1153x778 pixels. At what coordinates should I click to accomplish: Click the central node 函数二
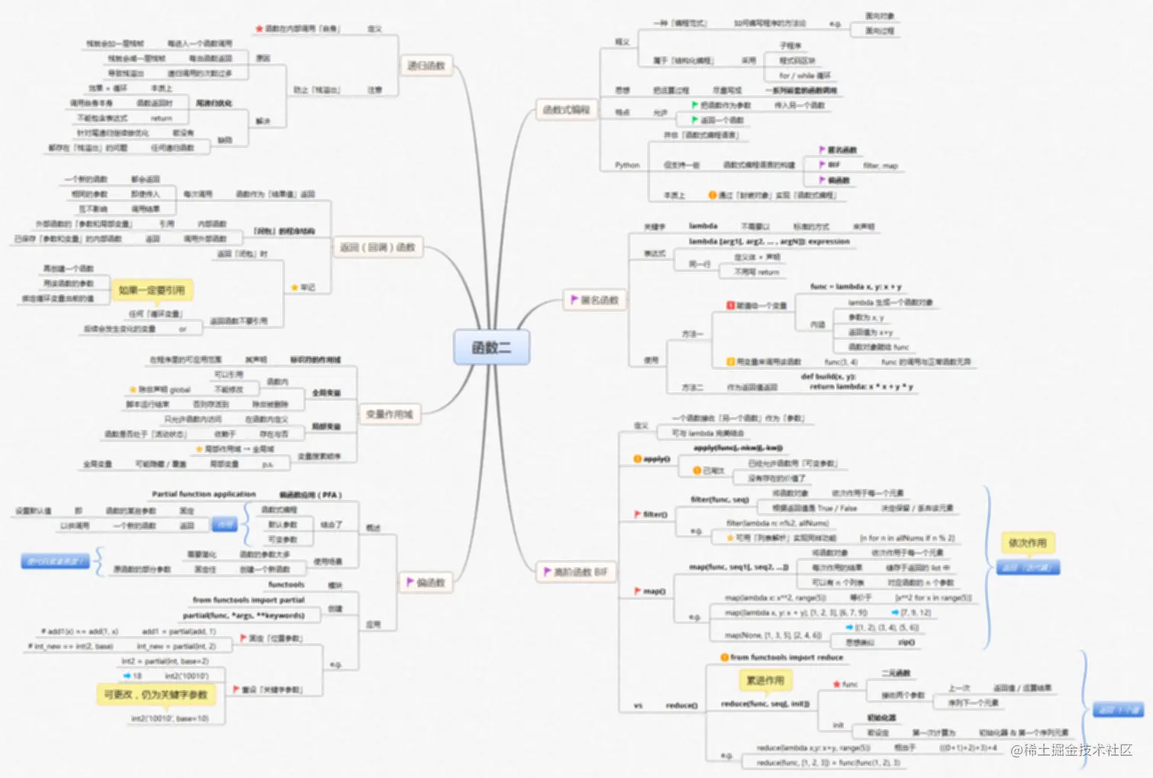pyautogui.click(x=491, y=348)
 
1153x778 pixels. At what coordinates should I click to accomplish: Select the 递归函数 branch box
pyautogui.click(x=426, y=66)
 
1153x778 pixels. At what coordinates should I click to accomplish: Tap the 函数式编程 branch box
pyautogui.click(x=566, y=110)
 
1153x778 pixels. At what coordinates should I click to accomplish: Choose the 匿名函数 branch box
pyautogui.click(x=595, y=300)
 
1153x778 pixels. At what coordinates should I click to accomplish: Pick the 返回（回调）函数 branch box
pyautogui.click(x=377, y=247)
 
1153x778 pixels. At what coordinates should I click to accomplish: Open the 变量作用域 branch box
pyautogui.click(x=389, y=414)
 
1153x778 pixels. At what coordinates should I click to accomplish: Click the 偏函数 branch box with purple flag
pyautogui.click(x=426, y=583)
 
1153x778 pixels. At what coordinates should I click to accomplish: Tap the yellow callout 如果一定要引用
pyautogui.click(x=152, y=290)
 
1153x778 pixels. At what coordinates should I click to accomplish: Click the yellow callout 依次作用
pyautogui.click(x=1027, y=543)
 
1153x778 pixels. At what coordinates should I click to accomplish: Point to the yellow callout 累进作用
pyautogui.click(x=765, y=680)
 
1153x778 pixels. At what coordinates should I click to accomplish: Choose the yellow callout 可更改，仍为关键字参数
pyautogui.click(x=156, y=694)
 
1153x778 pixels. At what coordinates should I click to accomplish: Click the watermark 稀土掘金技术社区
pyautogui.click(x=1071, y=751)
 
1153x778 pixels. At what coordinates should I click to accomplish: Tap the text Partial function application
pyautogui.click(x=204, y=494)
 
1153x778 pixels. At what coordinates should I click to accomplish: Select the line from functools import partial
pyautogui.click(x=249, y=600)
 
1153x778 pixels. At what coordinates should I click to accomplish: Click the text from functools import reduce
pyautogui.click(x=786, y=657)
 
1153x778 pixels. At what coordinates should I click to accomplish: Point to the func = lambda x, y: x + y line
pyautogui.click(x=856, y=287)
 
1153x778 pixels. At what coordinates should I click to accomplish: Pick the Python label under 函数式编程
pyautogui.click(x=627, y=165)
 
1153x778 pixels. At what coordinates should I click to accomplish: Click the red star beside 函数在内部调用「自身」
pyautogui.click(x=259, y=29)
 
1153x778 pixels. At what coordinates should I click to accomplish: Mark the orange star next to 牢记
pyautogui.click(x=294, y=288)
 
